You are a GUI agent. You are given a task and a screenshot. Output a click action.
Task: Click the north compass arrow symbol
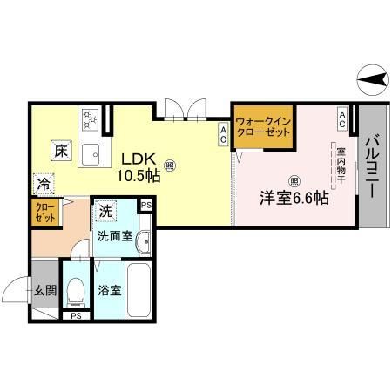(372, 79)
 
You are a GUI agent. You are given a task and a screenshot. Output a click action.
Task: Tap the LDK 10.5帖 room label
(139, 167)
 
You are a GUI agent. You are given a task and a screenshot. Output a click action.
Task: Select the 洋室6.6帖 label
(294, 199)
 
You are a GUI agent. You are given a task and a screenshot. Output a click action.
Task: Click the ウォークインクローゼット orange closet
(263, 127)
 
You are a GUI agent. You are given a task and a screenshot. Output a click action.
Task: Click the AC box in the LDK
(223, 135)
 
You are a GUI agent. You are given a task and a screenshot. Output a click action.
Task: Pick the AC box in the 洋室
(342, 119)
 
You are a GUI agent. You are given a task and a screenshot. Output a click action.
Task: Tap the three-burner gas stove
(90, 119)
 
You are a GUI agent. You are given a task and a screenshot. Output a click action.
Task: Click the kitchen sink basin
(91, 154)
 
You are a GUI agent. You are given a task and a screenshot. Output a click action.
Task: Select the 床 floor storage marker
(61, 151)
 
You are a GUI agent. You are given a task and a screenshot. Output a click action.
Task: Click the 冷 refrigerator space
(44, 184)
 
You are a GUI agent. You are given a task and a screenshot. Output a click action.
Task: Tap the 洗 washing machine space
(105, 211)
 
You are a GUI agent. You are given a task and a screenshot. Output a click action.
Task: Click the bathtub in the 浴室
(139, 290)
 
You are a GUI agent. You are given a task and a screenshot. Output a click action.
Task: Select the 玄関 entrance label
(45, 290)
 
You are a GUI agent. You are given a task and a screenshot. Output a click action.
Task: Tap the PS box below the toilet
(76, 316)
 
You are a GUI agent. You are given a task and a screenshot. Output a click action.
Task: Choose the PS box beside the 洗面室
(146, 206)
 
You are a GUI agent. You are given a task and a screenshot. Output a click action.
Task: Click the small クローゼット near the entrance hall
(45, 213)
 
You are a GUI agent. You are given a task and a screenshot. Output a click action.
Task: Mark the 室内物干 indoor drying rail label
(341, 166)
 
